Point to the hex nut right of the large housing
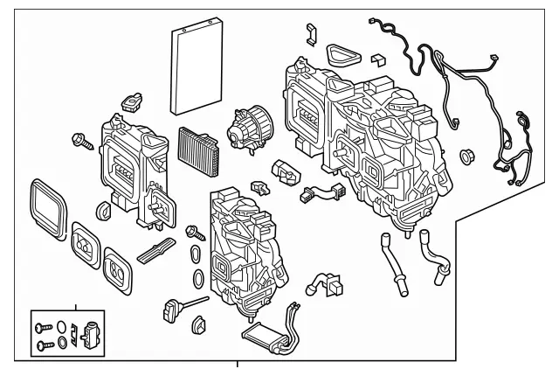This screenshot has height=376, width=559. pos(465,156)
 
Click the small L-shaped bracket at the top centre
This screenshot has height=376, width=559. pos(308,35)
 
